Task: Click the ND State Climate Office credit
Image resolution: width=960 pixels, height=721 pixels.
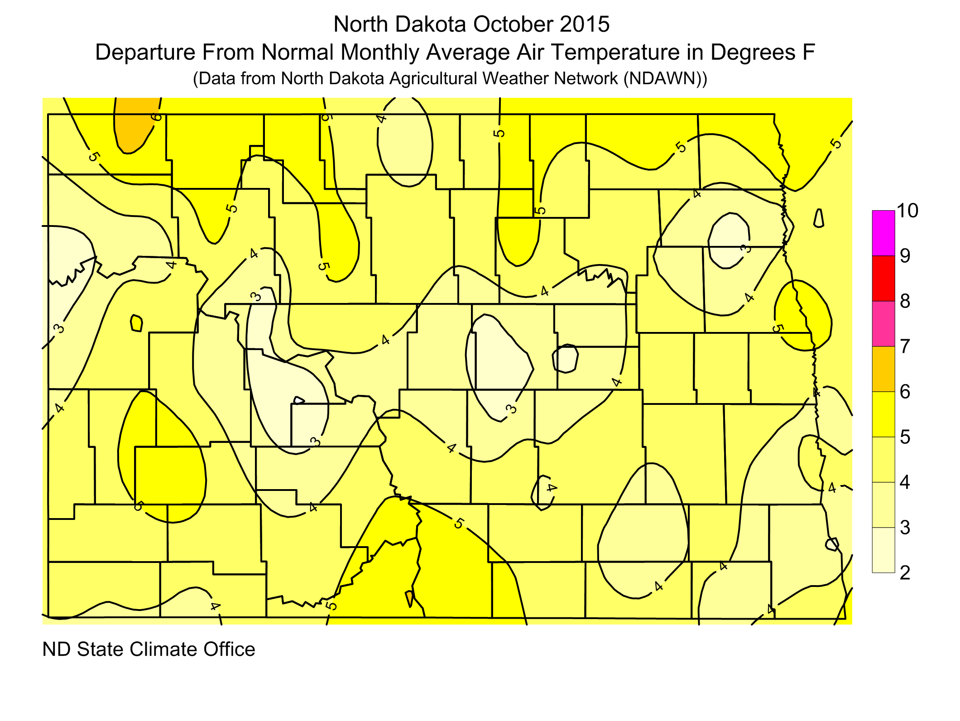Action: coord(149,649)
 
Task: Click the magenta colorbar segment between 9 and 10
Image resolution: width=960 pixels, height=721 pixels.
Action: coord(883,233)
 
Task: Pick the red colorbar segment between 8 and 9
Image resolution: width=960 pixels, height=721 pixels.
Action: coord(883,279)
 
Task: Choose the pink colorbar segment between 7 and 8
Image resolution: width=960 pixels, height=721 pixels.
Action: coord(883,324)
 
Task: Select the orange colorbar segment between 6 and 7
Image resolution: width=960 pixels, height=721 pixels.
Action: coord(883,369)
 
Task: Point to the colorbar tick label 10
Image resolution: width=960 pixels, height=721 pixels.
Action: coord(907,211)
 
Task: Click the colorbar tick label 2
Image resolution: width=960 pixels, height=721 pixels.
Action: coord(905,573)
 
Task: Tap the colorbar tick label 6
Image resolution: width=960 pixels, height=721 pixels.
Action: coord(905,392)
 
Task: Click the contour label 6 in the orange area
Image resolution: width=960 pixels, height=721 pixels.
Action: coord(156,117)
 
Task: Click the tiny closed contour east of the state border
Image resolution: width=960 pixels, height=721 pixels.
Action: coord(818,218)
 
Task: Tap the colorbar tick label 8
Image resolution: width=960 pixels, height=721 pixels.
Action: coord(905,301)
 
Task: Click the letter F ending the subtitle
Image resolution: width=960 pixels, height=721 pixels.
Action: coord(809,53)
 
